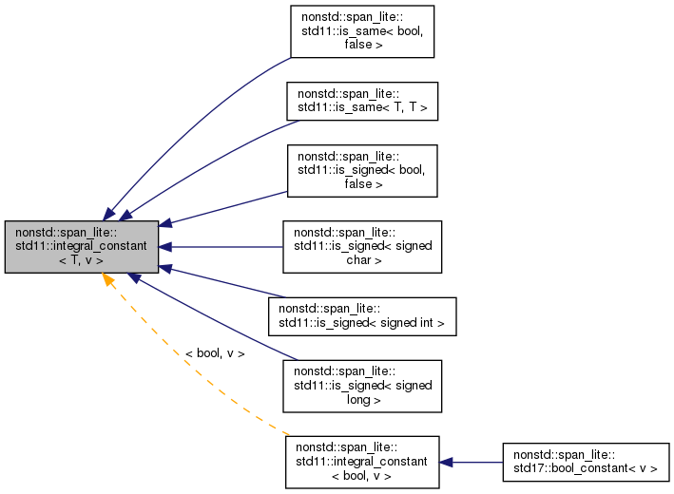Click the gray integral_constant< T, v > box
pos(81,247)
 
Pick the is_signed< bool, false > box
pos(361,171)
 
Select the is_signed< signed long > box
pos(362,386)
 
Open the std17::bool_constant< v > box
pos(586,462)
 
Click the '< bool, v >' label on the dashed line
pos(215,353)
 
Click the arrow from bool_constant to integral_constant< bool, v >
pos(471,462)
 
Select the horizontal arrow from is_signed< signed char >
pos(223,247)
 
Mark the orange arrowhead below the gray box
pos(109,282)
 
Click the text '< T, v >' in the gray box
pos(81,260)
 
